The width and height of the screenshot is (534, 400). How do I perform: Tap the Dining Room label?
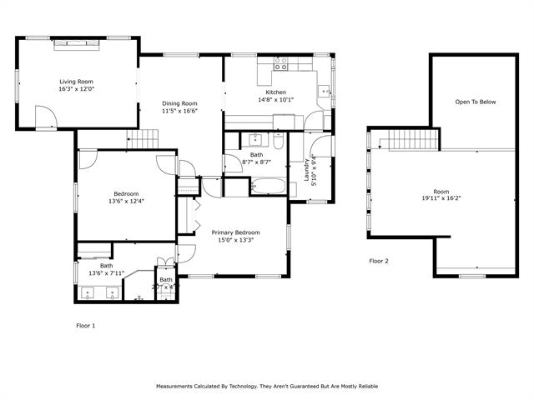(x=179, y=103)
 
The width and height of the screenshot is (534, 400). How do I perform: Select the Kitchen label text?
(x=275, y=92)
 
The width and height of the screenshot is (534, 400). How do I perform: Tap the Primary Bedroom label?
(x=235, y=232)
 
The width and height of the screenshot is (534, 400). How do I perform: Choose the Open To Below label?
(x=475, y=102)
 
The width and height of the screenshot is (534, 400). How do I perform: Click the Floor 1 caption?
(x=86, y=326)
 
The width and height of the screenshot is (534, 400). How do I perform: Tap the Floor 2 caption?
(x=379, y=261)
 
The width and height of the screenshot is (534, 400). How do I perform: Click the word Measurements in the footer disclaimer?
(x=179, y=387)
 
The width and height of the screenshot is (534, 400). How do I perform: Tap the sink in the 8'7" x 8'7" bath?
(x=255, y=139)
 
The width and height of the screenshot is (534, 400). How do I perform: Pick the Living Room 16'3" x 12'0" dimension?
(x=76, y=89)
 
